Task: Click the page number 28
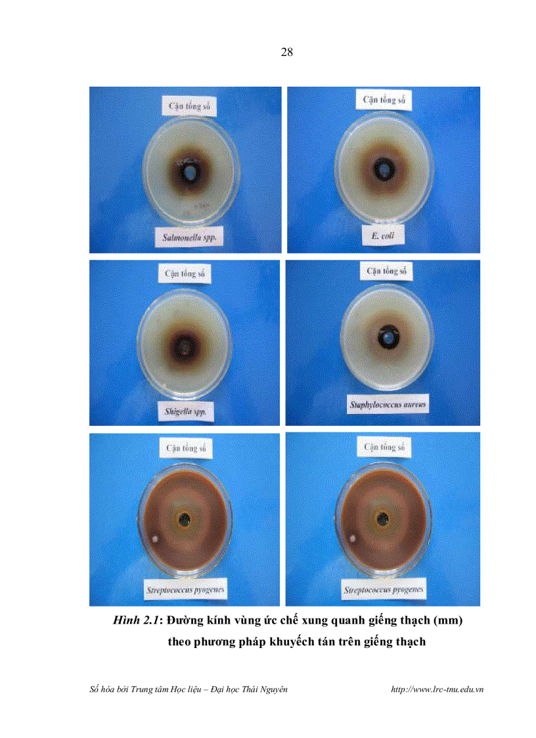(286, 53)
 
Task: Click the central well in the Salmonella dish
(190, 172)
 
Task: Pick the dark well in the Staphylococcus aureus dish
(386, 337)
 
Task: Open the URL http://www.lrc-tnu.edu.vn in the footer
(437, 689)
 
